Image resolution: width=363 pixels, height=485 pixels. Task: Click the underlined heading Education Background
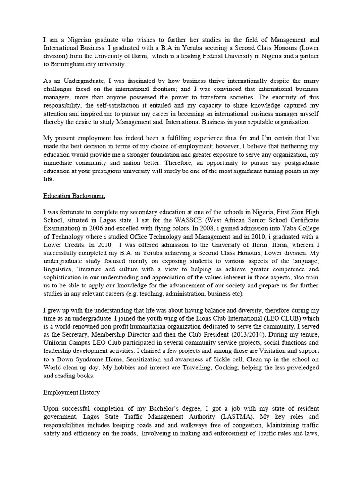click(x=74, y=196)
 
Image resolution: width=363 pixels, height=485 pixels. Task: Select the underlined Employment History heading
click(x=71, y=393)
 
